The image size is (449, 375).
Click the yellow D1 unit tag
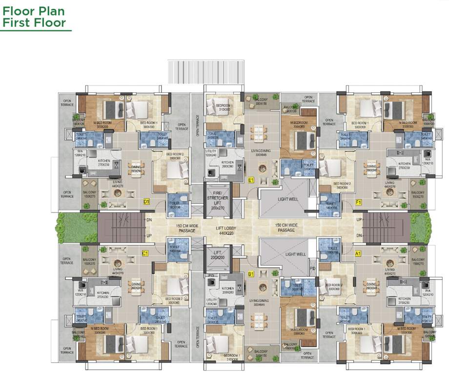coord(146,201)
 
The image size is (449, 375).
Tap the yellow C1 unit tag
coord(145,253)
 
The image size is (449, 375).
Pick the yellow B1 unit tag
coord(251,275)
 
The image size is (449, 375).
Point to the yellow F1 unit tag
coord(359,201)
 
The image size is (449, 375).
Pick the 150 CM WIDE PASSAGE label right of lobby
coord(286,228)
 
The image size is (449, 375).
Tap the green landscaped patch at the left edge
coord(68,227)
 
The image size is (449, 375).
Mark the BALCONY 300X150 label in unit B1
coord(261,354)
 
